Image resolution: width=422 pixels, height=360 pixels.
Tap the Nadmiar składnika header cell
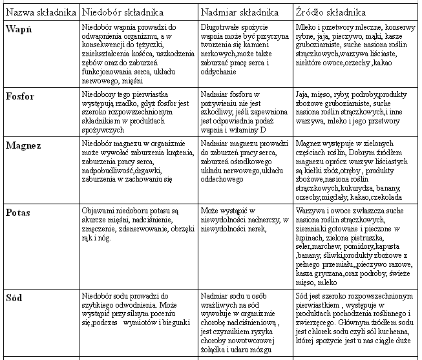[240, 13]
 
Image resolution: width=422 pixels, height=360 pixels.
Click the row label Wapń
[18, 29]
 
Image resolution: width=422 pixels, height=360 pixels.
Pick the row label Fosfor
[21, 96]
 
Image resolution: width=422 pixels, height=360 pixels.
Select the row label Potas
[18, 213]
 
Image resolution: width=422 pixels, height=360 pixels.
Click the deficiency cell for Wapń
[139, 53]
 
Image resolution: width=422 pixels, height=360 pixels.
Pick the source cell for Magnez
[355, 170]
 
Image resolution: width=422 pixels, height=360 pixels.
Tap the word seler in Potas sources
[305, 246]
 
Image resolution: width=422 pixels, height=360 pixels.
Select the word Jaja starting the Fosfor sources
[302, 94]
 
